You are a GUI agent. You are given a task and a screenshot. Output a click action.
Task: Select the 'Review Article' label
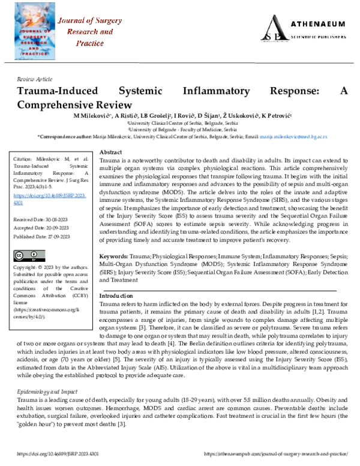(34, 79)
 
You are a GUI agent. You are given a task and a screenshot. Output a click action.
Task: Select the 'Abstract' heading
(110, 153)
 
